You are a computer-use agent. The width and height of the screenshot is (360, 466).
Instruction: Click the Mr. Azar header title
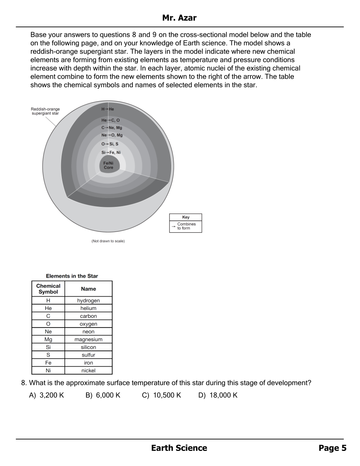coord(179,18)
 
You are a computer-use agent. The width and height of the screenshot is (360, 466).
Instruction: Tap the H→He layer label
coord(108,109)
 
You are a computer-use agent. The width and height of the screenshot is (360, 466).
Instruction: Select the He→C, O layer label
coord(110,120)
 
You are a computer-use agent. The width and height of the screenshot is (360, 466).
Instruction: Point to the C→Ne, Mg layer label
coord(112,128)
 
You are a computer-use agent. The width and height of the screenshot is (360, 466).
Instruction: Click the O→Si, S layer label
coord(110,144)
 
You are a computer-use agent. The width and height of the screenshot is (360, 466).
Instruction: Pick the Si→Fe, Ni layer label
coord(111,152)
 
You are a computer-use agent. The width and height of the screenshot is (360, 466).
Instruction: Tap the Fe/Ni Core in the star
coord(108,165)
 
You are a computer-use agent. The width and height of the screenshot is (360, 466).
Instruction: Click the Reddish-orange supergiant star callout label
coord(45,111)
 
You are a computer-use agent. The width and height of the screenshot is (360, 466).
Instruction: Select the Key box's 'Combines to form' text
coord(186,226)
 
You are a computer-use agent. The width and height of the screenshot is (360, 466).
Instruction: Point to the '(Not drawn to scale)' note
coord(108,241)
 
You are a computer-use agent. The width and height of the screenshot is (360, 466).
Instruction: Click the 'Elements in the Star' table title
coord(72,276)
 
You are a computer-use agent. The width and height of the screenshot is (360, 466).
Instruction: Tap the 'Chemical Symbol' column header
coord(48,289)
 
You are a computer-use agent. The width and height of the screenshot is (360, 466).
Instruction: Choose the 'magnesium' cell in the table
coord(88,339)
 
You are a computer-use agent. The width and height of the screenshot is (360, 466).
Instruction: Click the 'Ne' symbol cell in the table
coord(48,332)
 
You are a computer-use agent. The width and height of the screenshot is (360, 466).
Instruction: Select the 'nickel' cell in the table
coord(88,371)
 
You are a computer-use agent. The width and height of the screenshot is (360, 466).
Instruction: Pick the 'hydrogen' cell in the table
coord(88,301)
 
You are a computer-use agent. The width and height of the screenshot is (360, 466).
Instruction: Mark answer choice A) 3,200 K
coord(46,395)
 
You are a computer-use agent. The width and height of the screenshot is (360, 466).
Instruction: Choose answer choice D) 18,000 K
coord(218,395)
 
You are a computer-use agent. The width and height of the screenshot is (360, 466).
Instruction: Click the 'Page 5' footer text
coord(332,448)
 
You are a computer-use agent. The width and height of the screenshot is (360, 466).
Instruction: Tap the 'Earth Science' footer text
coord(179,448)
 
